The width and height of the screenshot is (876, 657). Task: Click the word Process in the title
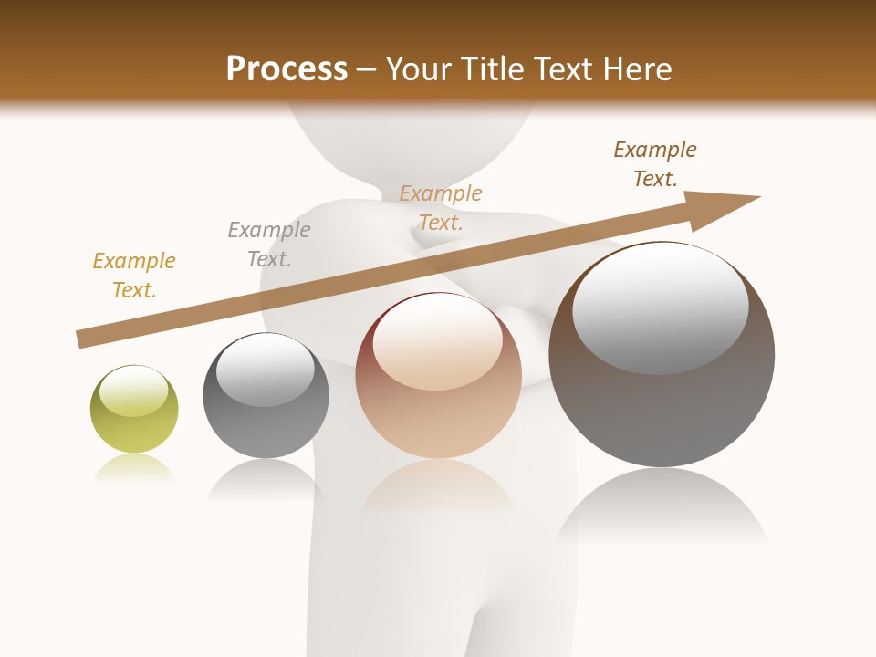pos(287,69)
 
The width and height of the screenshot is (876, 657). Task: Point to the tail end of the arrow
pos(82,339)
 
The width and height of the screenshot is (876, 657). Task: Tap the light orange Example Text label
pos(441,208)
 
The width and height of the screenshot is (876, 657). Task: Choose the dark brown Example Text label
pos(655,164)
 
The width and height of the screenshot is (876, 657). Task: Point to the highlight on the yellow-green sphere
pos(133,391)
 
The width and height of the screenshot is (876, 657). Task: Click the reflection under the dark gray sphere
pos(265,479)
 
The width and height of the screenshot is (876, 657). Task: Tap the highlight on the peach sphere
pos(437,343)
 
